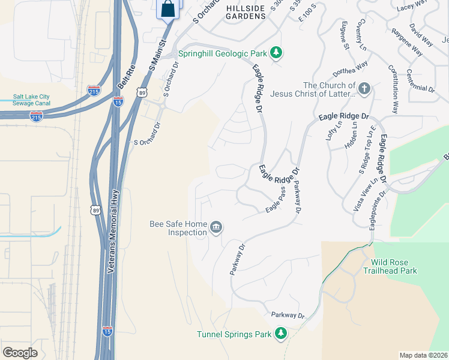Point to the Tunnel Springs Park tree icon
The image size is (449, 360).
click(x=280, y=334)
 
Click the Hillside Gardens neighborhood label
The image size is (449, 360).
click(x=246, y=11)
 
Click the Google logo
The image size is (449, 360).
click(x=20, y=352)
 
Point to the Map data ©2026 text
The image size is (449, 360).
click(x=423, y=355)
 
